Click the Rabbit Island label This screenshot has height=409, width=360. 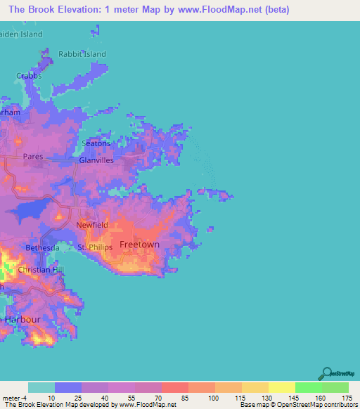coord(82,54)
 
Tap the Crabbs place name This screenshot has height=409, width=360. coord(30,76)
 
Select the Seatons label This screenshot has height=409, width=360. coord(96,143)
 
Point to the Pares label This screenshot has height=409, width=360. coord(32,157)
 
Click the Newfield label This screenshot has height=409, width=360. coord(92,226)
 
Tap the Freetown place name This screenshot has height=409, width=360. coord(139,245)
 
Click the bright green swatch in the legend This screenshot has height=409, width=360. coord(308,387)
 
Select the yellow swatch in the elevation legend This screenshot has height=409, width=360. coord(281,387)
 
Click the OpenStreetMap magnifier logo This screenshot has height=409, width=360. coord(326,374)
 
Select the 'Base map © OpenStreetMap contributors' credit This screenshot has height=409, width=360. coord(297,405)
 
